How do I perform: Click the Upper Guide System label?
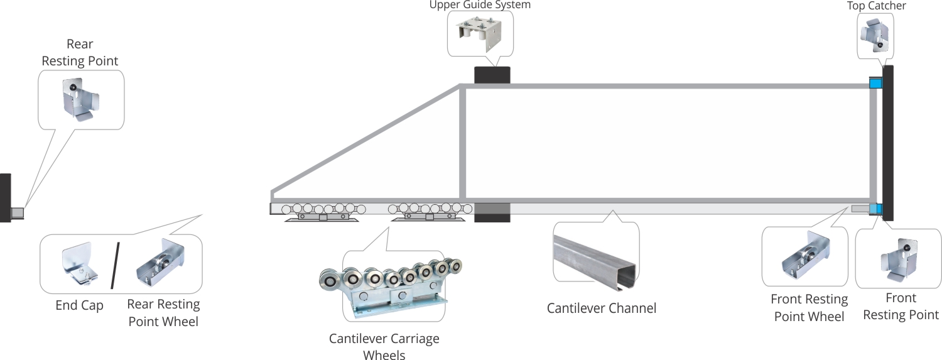(x=480, y=5)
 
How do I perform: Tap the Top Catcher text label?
(x=876, y=6)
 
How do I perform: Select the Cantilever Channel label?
(x=601, y=308)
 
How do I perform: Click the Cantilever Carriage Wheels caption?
(x=384, y=347)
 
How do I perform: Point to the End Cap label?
(x=79, y=306)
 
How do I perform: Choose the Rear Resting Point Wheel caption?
(x=163, y=313)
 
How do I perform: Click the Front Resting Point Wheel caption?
(x=809, y=308)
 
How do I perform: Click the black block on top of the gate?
(x=492, y=75)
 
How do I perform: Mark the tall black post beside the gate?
(x=887, y=143)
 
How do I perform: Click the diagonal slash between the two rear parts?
(x=115, y=265)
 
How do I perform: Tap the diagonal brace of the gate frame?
(x=366, y=139)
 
